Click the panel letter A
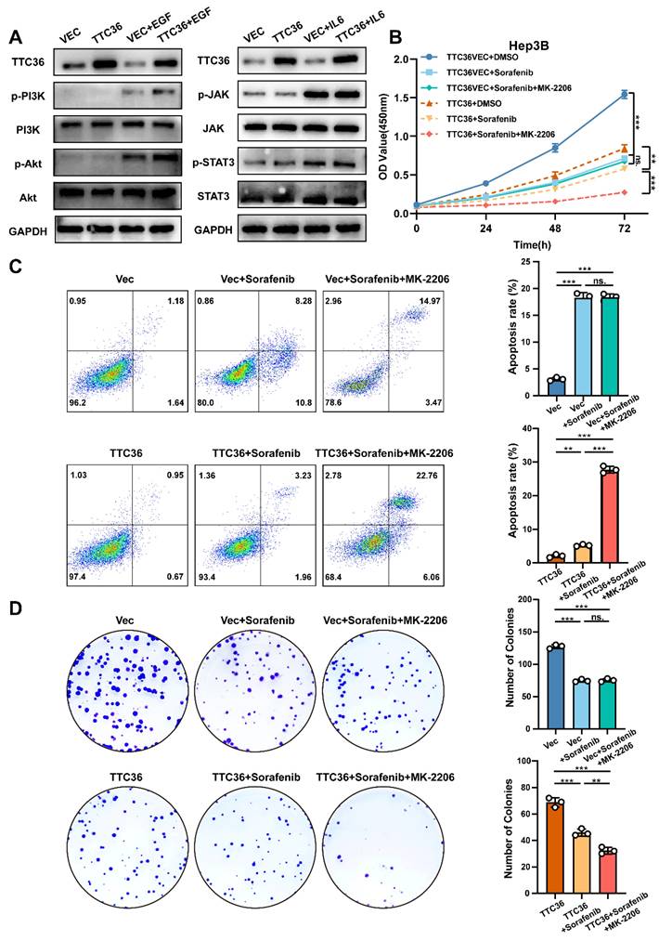point(14,37)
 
